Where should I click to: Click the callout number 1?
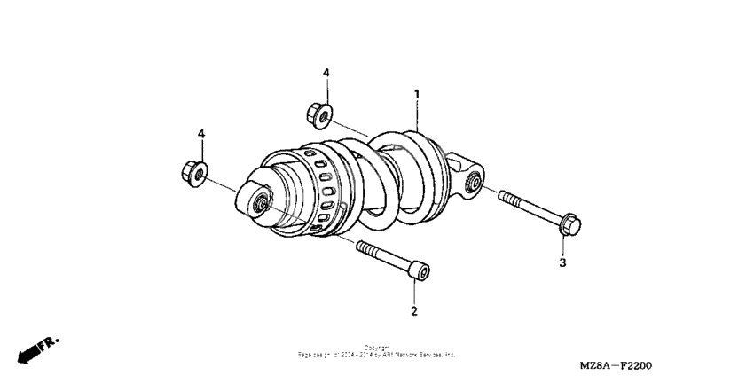(x=416, y=93)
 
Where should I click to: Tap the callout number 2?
(x=413, y=310)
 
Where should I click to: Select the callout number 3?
(x=562, y=262)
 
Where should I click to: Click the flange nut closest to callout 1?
(x=319, y=114)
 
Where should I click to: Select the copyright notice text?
(x=376, y=351)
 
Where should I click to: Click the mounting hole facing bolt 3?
(x=473, y=184)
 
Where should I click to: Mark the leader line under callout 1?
(x=416, y=115)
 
